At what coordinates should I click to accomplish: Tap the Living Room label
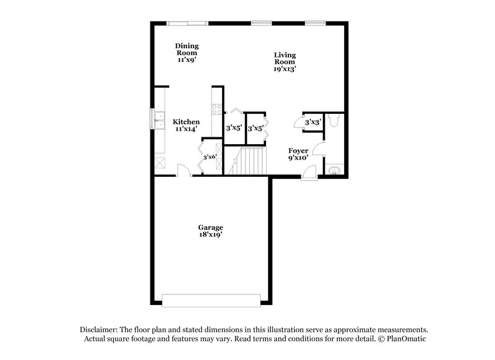(285, 59)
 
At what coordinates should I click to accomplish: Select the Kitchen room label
(186, 122)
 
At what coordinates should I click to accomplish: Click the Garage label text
(211, 227)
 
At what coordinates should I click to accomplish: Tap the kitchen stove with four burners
(217, 109)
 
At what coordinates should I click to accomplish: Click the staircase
(248, 162)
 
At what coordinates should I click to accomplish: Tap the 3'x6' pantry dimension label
(210, 156)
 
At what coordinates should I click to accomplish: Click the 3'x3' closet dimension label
(312, 122)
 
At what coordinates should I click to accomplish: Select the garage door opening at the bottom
(211, 302)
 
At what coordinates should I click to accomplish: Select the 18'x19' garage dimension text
(211, 235)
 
